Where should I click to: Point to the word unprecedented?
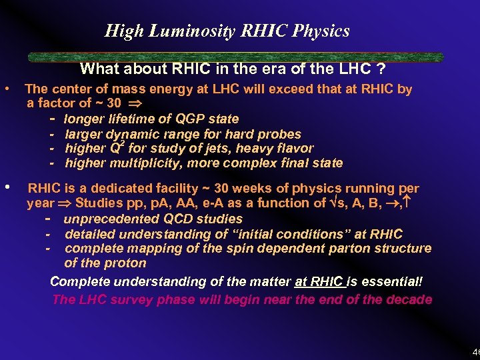coord(113,219)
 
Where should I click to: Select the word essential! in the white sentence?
coord(393,281)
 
